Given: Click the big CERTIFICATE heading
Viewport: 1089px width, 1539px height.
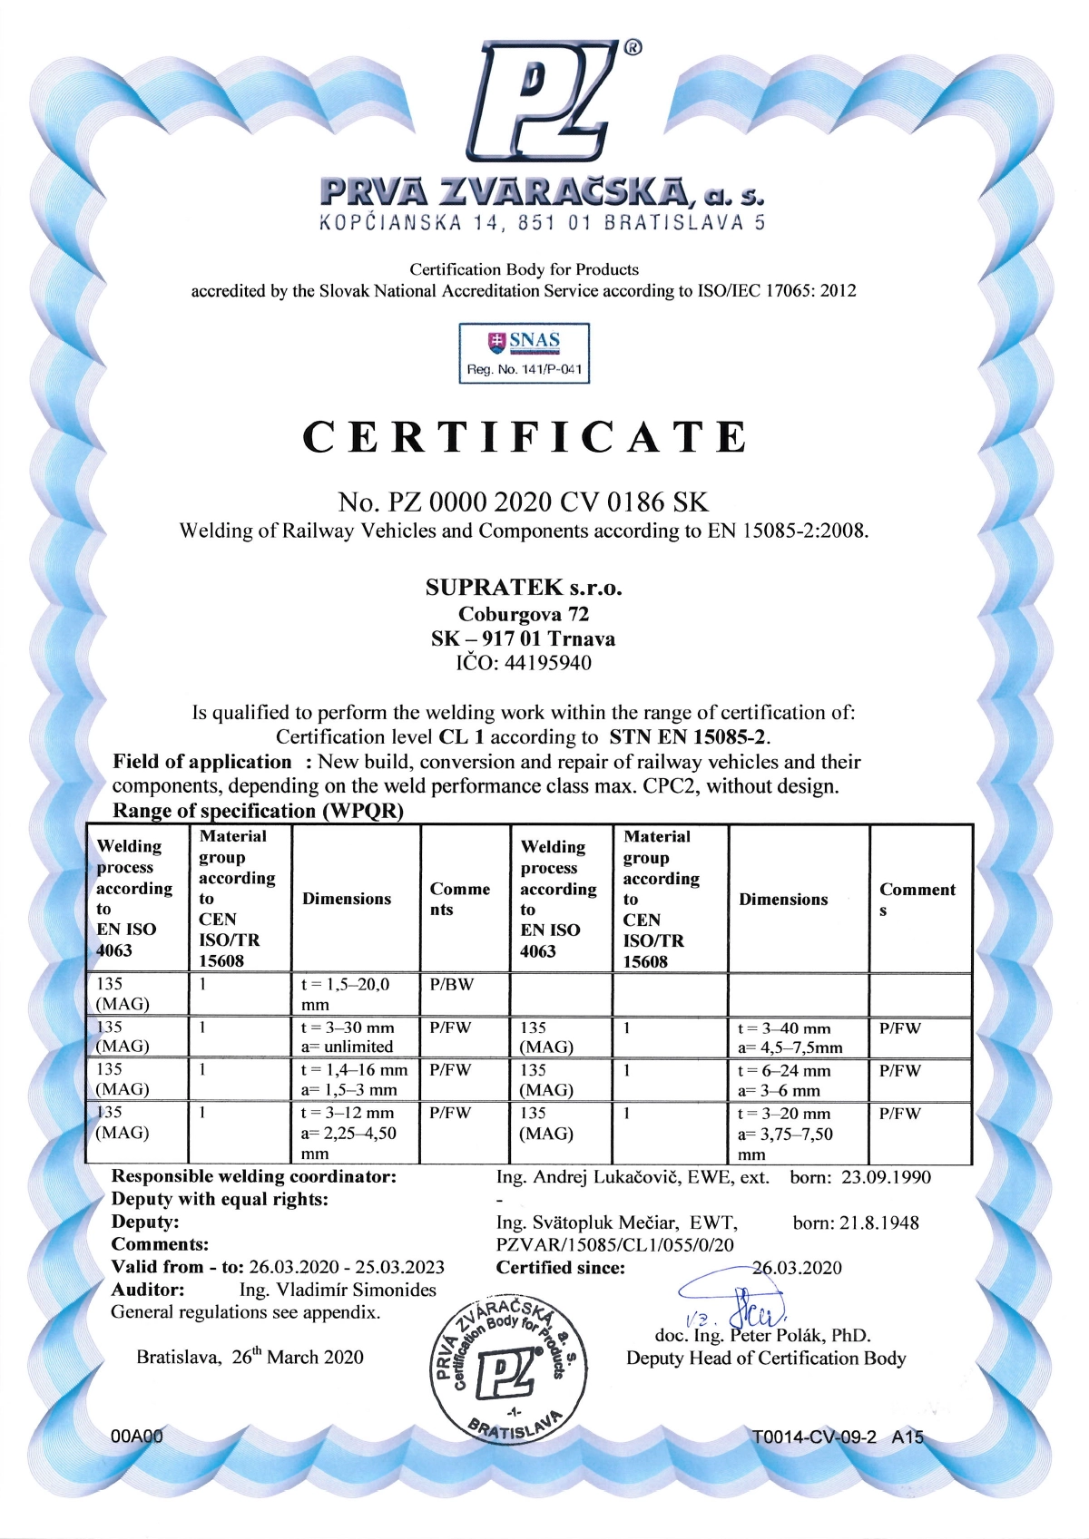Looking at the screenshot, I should (x=525, y=437).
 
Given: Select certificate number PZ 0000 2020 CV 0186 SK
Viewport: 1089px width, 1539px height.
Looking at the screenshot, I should (x=523, y=502).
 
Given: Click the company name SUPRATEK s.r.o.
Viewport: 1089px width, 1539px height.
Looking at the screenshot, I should (x=524, y=588).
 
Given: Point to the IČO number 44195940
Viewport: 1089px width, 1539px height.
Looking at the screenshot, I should (x=524, y=663).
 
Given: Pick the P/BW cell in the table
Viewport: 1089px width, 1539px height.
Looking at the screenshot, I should (x=452, y=985).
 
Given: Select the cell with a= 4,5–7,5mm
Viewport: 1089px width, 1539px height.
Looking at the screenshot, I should (x=790, y=1047).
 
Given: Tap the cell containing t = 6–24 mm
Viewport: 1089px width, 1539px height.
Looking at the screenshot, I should (x=784, y=1071).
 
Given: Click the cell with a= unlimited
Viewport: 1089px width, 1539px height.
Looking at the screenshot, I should (x=348, y=1047).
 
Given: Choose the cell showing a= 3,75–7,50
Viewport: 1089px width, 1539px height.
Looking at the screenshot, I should (x=785, y=1135).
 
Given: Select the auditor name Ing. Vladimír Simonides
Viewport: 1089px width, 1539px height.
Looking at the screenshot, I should (x=338, y=1290).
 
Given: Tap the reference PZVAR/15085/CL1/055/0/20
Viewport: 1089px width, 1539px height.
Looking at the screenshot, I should (x=615, y=1245).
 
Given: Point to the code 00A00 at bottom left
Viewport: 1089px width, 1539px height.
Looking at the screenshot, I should (x=136, y=1437).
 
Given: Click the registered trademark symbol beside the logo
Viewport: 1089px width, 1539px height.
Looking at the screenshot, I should (x=633, y=48).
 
